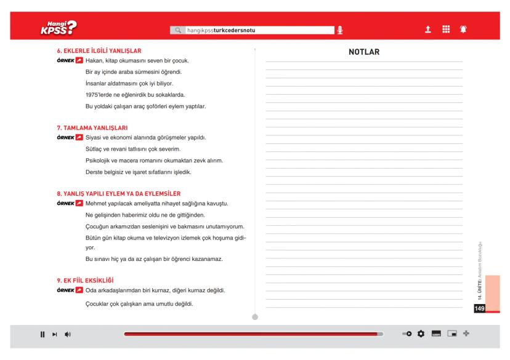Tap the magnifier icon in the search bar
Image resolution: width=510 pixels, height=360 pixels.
pos(178,30)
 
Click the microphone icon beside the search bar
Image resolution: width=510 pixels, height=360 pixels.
pos(339,30)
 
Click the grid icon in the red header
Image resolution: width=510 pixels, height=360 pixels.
pos(444,29)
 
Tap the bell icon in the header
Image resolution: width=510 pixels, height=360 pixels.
pos(461,29)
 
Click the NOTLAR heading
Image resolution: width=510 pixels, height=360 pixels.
pos(363,52)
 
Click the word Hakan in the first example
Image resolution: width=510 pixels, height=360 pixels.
pos(94,61)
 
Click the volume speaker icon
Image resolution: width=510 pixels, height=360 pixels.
pos(68,334)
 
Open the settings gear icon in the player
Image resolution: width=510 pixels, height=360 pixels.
pos(421,334)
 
